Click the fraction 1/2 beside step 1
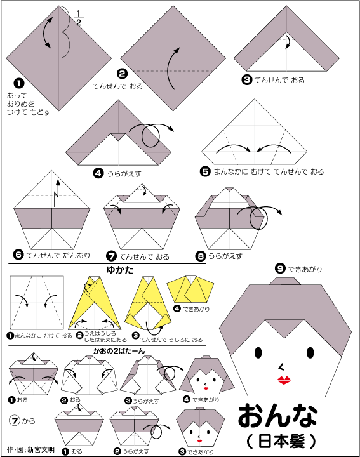(79, 18)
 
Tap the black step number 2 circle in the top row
(122, 74)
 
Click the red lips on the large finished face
(283, 380)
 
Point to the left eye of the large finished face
(258, 353)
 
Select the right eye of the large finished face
(310, 353)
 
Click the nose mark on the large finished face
(281, 367)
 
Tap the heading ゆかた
(120, 270)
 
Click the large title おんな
(277, 415)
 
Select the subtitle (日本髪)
(281, 441)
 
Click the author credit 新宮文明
(41, 449)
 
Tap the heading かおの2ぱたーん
(119, 351)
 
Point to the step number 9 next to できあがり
(280, 268)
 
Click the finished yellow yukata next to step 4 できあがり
(190, 289)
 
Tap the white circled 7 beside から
(14, 421)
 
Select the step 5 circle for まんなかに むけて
(205, 171)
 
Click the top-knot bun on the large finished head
(285, 281)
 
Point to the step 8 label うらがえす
(225, 256)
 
